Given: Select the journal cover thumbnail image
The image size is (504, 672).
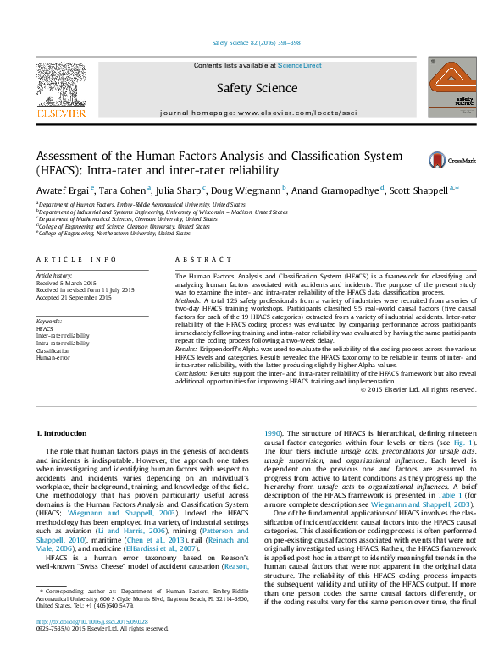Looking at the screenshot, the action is [450, 86].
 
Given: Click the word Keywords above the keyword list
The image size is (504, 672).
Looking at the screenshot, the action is [49, 322].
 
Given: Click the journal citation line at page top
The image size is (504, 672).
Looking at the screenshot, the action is [252, 43].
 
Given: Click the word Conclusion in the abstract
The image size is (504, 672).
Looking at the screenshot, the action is [190, 371].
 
